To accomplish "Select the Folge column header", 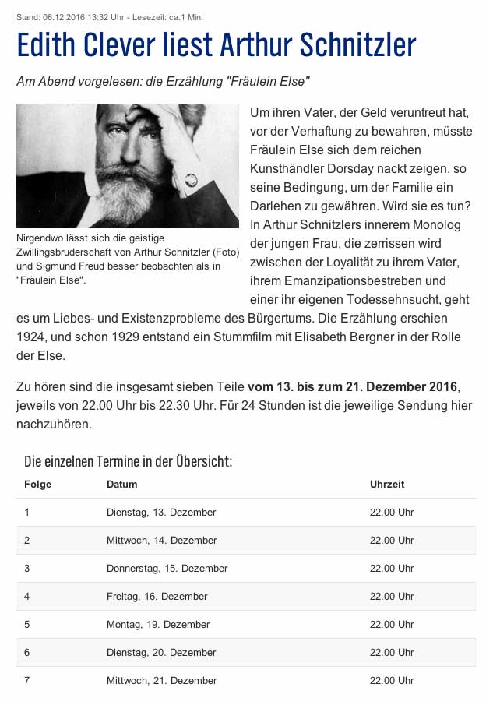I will (x=37, y=484).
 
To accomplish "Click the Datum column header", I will (x=121, y=484).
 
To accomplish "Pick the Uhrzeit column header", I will (x=387, y=484).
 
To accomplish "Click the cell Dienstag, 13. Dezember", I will (x=161, y=512).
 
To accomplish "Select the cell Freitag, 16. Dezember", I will (x=157, y=596).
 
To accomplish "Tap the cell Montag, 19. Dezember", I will (x=158, y=624).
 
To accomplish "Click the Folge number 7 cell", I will (x=27, y=680).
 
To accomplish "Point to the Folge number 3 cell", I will (x=27, y=568).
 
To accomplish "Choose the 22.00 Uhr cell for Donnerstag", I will (x=392, y=568).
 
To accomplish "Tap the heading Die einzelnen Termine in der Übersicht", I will (x=128, y=461).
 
